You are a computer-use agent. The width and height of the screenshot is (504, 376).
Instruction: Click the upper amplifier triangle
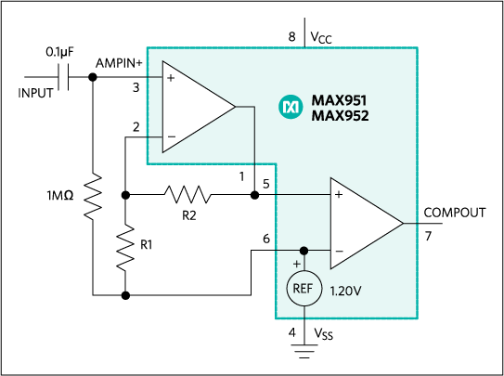coord(193,107)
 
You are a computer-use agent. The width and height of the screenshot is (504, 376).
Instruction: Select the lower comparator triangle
coord(362,223)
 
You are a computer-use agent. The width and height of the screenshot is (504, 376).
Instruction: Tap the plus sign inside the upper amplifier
coord(171,79)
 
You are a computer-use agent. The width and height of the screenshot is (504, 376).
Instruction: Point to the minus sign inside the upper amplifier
coord(171,136)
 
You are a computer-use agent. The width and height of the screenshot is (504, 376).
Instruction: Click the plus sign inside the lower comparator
coord(339,195)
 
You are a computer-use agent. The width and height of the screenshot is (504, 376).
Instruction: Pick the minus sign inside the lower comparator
coord(339,252)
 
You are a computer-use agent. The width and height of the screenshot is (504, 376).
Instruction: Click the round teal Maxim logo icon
coord(291,108)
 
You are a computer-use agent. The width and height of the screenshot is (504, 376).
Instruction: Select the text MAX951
coord(340,100)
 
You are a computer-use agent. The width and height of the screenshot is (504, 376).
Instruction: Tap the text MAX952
coord(340,116)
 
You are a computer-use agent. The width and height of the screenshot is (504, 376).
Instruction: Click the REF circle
coord(304,289)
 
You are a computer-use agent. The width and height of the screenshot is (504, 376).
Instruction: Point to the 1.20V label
coord(345,291)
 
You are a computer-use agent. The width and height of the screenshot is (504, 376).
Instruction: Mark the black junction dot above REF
coord(304,251)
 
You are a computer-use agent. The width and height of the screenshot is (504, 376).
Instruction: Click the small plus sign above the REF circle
coord(297,264)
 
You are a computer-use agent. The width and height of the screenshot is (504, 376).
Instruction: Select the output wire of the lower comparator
coord(411,223)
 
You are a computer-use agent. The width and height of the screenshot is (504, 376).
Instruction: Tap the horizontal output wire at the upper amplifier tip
coord(245,107)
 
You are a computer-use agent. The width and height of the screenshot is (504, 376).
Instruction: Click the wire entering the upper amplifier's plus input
coord(154,79)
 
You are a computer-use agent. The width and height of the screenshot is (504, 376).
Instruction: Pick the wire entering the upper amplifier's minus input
coord(154,136)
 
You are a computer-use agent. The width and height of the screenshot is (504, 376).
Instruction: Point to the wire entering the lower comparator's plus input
coord(303,195)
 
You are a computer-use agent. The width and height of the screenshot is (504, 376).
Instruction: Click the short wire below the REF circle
coord(304,312)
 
